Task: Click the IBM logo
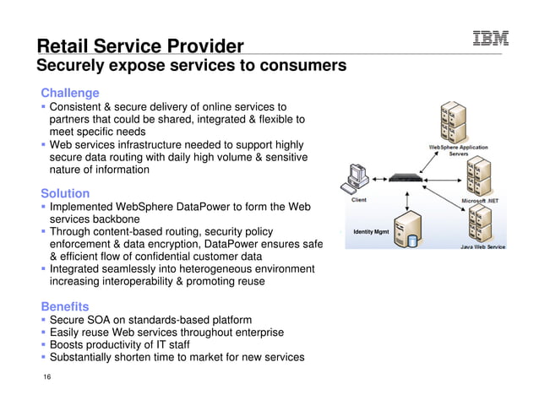[490, 39]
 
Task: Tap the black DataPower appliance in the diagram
[410, 178]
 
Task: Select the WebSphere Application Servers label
[459, 151]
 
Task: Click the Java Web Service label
[482, 247]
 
